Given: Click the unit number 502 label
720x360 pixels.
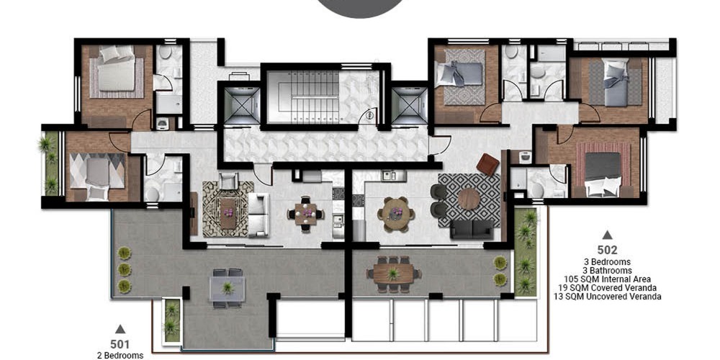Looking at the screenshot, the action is [607, 251].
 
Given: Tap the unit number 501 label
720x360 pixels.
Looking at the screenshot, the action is [120, 344].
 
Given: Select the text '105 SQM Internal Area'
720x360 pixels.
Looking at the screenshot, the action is [607, 279].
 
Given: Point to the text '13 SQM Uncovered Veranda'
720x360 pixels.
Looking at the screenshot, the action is [607, 297].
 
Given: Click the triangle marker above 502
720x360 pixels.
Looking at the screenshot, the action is [607, 235].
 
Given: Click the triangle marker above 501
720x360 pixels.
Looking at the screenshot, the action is [120, 329].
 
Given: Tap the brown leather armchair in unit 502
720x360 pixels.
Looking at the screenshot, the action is [487, 164].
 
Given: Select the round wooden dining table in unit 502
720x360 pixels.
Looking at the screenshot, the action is [395, 214].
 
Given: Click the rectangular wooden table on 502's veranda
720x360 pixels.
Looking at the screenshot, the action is [393, 274].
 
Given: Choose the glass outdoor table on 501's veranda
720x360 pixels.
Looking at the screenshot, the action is [228, 289].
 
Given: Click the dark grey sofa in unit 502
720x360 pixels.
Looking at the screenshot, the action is [472, 229].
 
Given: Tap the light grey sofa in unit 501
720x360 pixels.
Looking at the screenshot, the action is [258, 215].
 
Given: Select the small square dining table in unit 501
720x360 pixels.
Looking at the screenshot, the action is [306, 214].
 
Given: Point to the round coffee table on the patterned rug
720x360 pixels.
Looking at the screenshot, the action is [469, 199].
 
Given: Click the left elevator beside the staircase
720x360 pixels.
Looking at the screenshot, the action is [242, 106].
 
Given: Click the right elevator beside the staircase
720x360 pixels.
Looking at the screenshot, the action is [410, 106].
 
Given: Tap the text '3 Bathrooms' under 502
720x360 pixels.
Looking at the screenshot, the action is [607, 271].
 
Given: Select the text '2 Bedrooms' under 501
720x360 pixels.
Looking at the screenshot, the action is [120, 355].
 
